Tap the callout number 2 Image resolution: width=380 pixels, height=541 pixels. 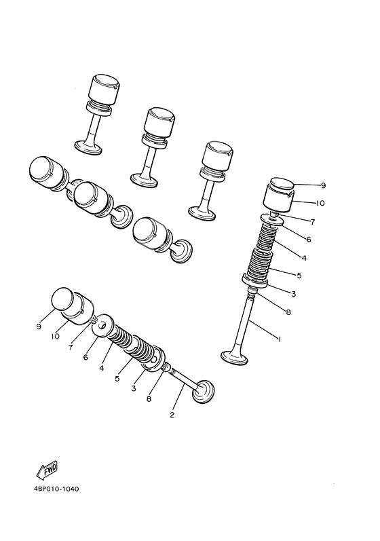172,415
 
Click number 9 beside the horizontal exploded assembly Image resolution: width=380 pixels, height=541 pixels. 39,325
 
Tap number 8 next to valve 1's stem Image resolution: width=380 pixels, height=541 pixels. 288,313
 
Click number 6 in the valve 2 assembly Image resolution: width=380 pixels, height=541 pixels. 85,357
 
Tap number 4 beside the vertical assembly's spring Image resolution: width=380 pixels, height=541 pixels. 303,258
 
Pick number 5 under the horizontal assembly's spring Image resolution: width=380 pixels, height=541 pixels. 117,379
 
